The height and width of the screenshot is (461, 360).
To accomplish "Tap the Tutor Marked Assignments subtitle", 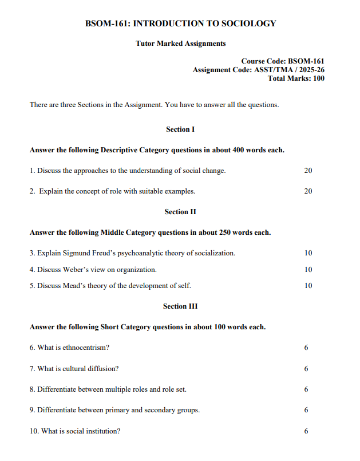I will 180,44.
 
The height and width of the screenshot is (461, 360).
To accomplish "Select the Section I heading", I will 180,129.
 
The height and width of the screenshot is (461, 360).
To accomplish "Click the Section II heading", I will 180,212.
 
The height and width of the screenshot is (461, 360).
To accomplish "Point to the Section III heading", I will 180,306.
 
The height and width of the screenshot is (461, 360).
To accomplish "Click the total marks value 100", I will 318,78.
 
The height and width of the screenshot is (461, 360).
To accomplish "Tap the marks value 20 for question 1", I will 308,171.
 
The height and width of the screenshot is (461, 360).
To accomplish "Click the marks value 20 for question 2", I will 308,191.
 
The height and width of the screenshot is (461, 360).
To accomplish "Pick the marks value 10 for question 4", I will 308,270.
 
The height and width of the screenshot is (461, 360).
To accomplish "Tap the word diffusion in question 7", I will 104,369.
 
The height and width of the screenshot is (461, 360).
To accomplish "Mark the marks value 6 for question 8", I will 306,389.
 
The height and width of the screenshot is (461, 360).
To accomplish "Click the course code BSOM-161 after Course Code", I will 306,61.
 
